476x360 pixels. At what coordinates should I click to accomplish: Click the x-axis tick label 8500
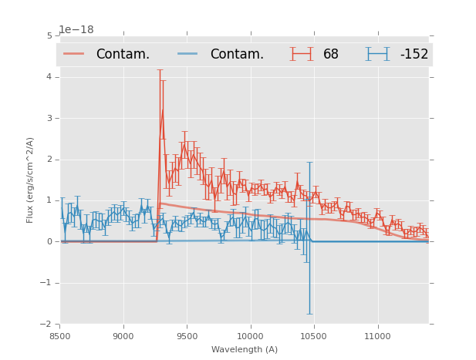click(60, 336)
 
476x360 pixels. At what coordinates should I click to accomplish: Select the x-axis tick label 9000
click(123, 336)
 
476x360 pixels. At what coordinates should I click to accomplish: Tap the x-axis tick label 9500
click(187, 336)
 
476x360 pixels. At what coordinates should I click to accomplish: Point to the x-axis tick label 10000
click(250, 336)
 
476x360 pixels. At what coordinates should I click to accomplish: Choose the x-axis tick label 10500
click(314, 336)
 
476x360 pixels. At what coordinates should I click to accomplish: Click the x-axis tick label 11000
click(377, 336)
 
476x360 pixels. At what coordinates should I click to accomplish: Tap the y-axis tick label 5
click(49, 36)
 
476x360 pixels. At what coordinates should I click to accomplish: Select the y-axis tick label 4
click(49, 77)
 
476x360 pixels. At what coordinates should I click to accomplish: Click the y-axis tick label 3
click(49, 118)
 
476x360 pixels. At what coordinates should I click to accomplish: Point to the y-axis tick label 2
click(49, 160)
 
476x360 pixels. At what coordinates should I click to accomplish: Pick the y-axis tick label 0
click(49, 241)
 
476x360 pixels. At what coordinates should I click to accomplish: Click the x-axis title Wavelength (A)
click(245, 349)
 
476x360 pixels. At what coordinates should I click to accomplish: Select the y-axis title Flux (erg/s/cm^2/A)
click(31, 180)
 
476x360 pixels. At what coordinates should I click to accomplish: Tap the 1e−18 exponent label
click(76, 29)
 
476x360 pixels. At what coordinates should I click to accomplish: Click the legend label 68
click(331, 54)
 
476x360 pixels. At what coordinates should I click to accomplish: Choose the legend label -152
click(414, 54)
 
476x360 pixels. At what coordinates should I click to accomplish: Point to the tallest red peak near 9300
click(162, 109)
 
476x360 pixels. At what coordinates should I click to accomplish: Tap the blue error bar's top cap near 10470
click(309, 162)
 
